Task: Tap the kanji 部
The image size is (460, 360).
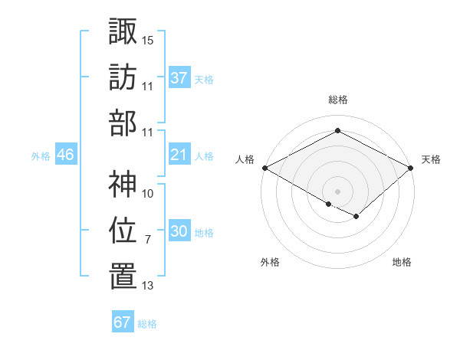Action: pos(123,122)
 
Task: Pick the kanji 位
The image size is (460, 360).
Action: pos(123,230)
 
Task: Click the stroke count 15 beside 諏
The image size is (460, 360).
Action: pos(148,39)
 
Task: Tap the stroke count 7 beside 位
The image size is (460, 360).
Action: pos(147,240)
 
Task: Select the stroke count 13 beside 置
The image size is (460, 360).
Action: pos(148,286)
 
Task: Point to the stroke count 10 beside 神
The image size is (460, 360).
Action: pos(148,194)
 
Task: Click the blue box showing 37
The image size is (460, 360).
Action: pos(179,78)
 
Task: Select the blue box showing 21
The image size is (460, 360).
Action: pos(179,155)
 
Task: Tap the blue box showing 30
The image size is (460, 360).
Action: pos(179,232)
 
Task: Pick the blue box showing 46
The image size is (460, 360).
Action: pos(66,155)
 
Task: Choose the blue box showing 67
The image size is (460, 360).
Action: pos(123,322)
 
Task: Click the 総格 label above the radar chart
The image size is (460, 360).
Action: pos(338,100)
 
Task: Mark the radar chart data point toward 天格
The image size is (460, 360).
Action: pos(412,167)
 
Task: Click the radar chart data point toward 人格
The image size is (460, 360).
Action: pos(264,167)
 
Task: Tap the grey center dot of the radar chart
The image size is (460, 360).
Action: pos(337,190)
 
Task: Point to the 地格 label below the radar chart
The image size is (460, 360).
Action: pos(402,262)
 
